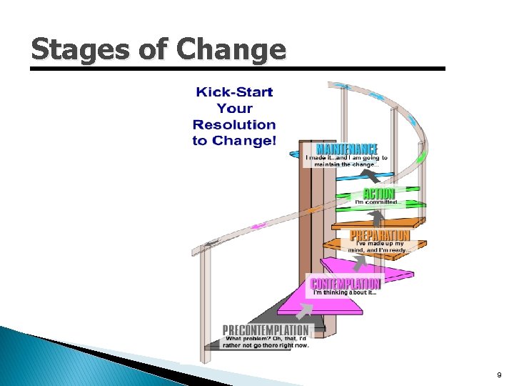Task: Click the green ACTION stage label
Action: (x=379, y=193)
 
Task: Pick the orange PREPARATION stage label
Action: (x=380, y=235)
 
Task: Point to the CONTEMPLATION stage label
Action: (x=346, y=283)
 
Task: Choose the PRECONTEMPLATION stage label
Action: (x=266, y=330)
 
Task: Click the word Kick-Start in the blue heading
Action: (x=234, y=92)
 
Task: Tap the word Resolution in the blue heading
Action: (x=234, y=124)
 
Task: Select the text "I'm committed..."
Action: (x=379, y=202)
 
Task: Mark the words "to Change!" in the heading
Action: (x=234, y=140)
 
